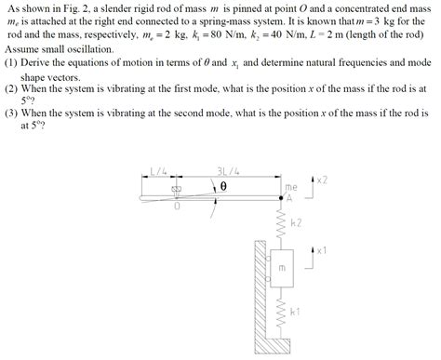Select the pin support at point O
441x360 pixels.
tap(178, 192)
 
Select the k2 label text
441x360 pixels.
tap(296, 224)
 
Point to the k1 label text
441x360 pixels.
tap(296, 311)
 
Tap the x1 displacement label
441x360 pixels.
tap(321, 250)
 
